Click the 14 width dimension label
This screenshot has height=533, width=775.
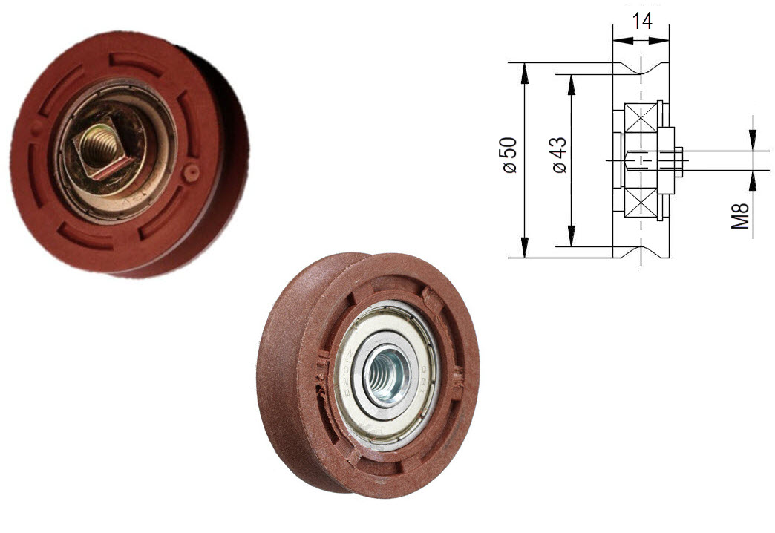coord(641,21)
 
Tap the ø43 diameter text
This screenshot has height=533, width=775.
coord(559,155)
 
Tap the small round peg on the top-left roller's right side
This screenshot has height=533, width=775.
coord(192,173)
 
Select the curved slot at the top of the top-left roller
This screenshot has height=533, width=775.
coord(137,59)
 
